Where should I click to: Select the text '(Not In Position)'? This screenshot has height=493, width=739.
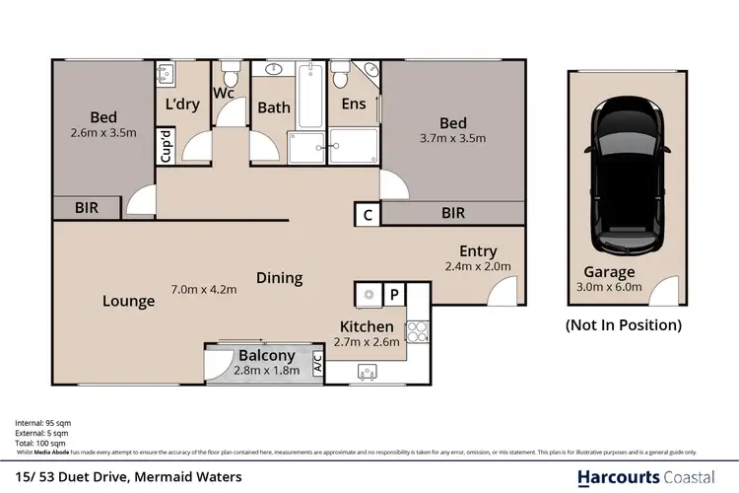click(x=623, y=324)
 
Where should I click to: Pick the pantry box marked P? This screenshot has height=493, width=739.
click(x=394, y=294)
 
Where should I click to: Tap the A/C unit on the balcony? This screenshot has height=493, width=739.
click(x=317, y=362)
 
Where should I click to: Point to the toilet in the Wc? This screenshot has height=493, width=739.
click(x=230, y=77)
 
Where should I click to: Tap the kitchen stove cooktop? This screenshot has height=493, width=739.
click(x=419, y=331)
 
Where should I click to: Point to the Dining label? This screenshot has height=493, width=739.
click(x=279, y=277)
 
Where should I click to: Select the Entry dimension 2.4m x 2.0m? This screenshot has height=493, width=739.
click(x=478, y=266)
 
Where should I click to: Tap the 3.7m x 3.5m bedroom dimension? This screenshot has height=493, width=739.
click(x=452, y=139)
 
